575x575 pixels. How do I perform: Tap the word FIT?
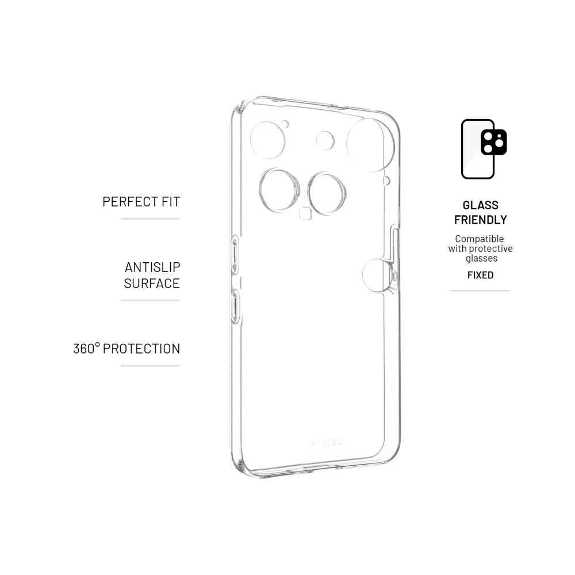click(171, 202)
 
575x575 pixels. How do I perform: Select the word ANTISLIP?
click(152, 267)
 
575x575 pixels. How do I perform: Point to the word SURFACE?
click(152, 283)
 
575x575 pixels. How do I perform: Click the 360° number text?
click(86, 348)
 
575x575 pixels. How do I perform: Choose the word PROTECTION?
click(141, 349)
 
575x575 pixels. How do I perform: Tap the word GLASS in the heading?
click(480, 205)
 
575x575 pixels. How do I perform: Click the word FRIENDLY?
click(480, 220)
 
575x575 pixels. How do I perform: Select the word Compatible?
click(480, 239)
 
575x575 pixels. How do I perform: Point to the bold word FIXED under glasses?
click(480, 275)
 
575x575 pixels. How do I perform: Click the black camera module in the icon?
click(493, 142)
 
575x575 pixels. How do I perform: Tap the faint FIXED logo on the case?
click(327, 443)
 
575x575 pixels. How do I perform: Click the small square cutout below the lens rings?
click(305, 213)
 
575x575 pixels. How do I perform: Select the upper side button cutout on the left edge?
click(235, 255)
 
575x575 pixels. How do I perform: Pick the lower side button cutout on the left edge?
click(235, 306)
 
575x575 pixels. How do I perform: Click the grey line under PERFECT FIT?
click(150, 219)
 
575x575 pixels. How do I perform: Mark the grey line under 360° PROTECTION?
click(150, 366)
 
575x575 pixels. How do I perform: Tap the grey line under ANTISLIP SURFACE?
click(150, 300)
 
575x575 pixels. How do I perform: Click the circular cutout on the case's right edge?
click(378, 275)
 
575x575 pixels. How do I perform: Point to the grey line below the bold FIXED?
click(480, 291)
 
